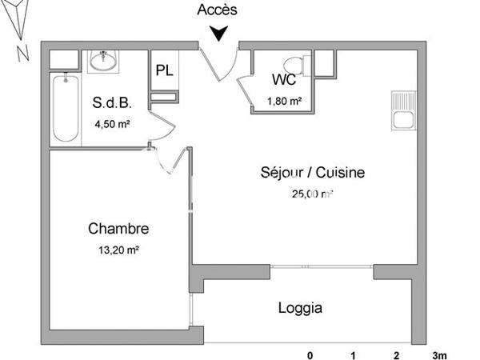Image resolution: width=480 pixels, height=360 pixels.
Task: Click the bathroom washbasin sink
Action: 103,60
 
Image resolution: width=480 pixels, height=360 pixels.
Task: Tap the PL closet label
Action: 164,70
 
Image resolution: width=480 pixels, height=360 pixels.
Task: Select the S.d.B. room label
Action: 112,103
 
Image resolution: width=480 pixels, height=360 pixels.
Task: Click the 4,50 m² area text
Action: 112,124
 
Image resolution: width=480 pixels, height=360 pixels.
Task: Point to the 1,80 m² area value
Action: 284,101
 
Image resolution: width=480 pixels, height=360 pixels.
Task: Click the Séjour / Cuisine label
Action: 313,172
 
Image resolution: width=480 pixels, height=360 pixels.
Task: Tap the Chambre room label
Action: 118,229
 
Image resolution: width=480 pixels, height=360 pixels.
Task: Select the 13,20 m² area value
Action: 118,250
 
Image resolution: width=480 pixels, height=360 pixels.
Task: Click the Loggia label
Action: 300,306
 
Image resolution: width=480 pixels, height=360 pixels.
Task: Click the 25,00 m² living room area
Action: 314,193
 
